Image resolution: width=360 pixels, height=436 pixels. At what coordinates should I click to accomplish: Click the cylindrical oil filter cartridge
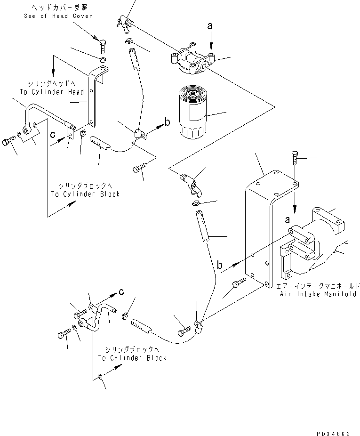(x=192, y=112)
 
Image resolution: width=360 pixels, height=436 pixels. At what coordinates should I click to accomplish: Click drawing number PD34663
(x=333, y=433)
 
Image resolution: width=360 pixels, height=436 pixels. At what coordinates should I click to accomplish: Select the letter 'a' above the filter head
(x=210, y=26)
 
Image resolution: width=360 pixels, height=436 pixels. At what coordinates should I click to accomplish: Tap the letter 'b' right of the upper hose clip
(x=168, y=122)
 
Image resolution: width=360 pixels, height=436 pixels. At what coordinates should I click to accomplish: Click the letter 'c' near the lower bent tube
(x=121, y=291)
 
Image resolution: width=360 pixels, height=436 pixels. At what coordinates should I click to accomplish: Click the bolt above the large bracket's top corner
(x=295, y=159)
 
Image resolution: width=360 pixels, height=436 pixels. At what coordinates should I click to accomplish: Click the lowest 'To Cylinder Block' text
(x=132, y=358)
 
